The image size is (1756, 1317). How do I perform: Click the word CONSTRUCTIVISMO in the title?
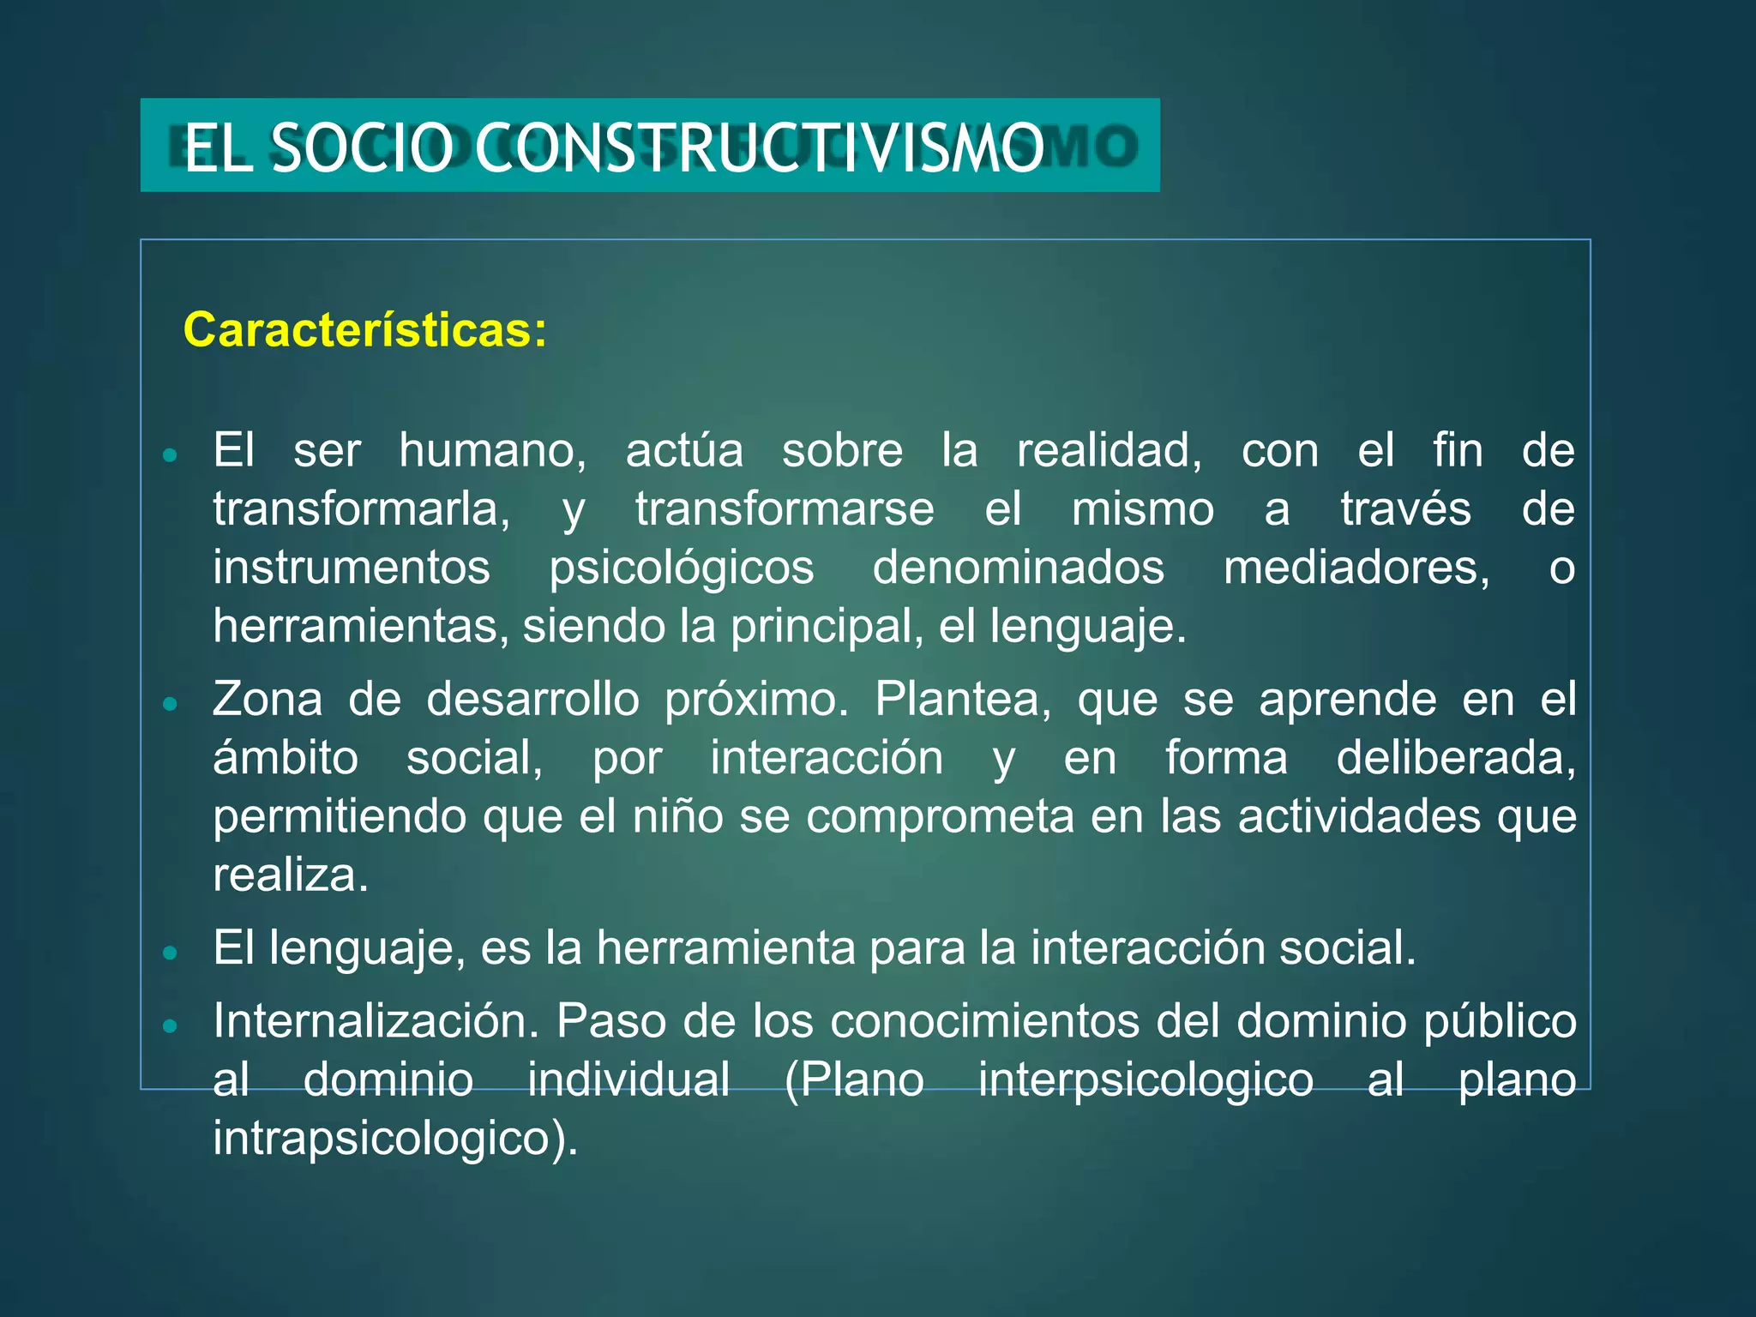click(x=759, y=148)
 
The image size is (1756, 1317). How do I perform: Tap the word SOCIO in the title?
click(x=361, y=148)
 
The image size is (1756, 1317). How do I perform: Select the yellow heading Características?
click(x=365, y=330)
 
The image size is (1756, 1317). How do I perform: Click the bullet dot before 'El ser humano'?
click(x=170, y=454)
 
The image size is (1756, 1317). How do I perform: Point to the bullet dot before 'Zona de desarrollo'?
click(x=170, y=704)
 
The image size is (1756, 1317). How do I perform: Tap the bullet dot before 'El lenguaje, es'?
click(x=170, y=952)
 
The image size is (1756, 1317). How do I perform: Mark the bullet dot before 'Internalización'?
click(x=170, y=1025)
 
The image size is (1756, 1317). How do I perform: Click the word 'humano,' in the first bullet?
click(x=492, y=451)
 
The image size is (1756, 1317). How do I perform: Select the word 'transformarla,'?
click(x=361, y=509)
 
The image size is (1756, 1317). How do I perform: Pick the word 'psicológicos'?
click(x=682, y=568)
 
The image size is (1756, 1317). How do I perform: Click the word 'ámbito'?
click(x=286, y=759)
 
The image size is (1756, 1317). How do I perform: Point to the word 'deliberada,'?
click(x=1456, y=759)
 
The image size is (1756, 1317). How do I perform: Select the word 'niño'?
click(x=678, y=816)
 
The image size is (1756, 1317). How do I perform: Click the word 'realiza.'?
click(x=291, y=875)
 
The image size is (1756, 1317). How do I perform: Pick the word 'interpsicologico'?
click(x=1146, y=1079)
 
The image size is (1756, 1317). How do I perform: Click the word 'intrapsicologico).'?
click(x=395, y=1139)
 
